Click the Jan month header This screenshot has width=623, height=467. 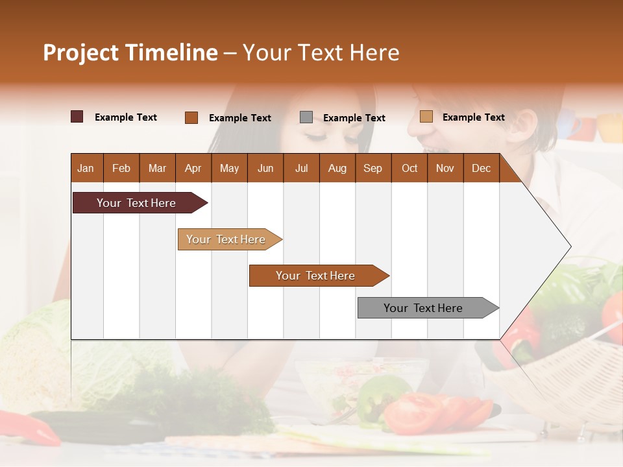pos(86,168)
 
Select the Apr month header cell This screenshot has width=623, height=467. pos(193,168)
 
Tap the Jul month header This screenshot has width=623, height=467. pos(301,168)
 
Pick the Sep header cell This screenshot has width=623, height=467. pos(373,168)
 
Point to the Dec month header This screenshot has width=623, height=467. pos(481,168)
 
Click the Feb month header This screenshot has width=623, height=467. pos(121,168)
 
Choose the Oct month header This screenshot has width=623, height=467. pos(409,168)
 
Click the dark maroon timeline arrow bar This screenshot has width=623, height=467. pos(136,203)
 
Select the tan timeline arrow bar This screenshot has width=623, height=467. pos(226,239)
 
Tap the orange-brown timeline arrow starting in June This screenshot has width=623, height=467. pos(315,276)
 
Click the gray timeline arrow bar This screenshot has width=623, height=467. pos(423,308)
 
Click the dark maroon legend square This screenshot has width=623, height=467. pos(77,117)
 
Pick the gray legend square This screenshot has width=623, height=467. pos(306,117)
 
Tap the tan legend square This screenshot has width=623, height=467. pos(426,117)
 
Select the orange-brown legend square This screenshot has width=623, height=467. pos(191,117)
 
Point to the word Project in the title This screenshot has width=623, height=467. pos(81,53)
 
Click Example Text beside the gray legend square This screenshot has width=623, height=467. pos(354,118)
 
